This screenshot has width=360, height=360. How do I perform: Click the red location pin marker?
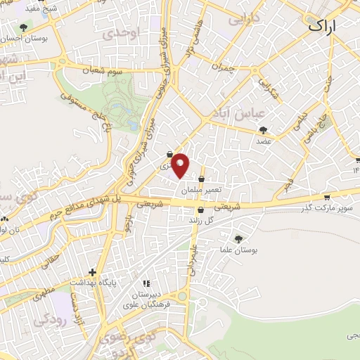coord(181,165)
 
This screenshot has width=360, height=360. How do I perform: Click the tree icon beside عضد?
coord(263,129)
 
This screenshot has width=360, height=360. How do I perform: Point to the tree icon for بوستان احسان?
coord(24,28)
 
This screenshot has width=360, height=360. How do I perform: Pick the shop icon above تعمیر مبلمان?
coord(202,179)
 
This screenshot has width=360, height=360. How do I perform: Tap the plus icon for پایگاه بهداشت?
coord(91,271)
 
